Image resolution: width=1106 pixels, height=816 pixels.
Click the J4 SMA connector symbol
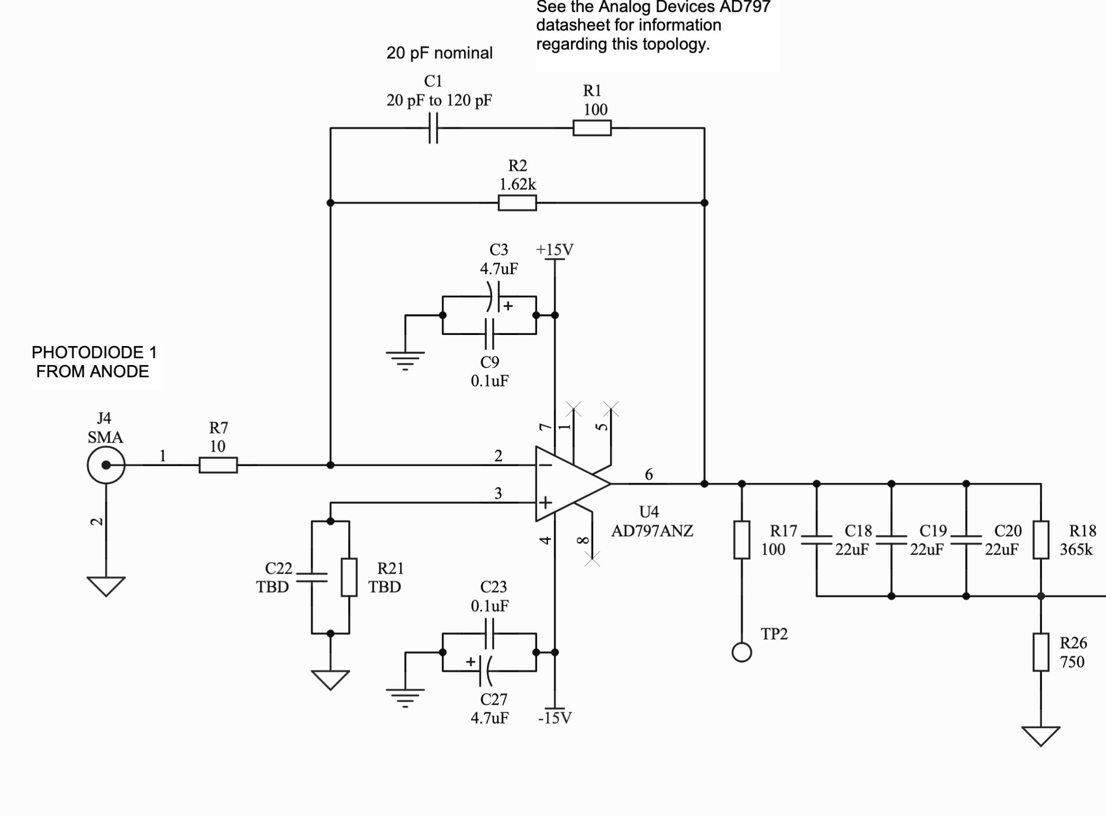(106, 465)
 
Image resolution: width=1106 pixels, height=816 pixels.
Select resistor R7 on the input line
(218, 465)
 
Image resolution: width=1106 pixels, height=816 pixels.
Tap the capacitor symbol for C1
(433, 128)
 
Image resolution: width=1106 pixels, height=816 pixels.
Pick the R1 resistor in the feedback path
(592, 128)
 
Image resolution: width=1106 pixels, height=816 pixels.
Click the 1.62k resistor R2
(517, 203)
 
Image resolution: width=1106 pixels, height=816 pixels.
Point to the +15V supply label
(554, 250)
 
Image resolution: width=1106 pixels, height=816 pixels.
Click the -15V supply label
(555, 718)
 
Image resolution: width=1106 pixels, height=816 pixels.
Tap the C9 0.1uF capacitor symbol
(490, 334)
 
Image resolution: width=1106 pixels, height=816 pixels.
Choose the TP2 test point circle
(741, 652)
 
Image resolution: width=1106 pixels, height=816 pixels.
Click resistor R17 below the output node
(741, 540)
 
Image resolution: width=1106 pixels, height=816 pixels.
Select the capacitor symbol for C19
(891, 540)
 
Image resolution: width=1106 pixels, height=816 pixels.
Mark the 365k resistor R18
(1040, 540)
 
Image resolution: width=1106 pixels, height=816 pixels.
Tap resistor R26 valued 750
(1040, 652)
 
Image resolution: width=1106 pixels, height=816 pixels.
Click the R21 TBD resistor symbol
(349, 577)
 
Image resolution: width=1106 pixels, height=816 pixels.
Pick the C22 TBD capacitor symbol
(312, 577)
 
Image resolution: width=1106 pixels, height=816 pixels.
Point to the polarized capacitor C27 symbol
(485, 671)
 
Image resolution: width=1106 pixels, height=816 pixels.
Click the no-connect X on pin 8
(592, 559)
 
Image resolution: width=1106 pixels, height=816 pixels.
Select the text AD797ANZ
(652, 531)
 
